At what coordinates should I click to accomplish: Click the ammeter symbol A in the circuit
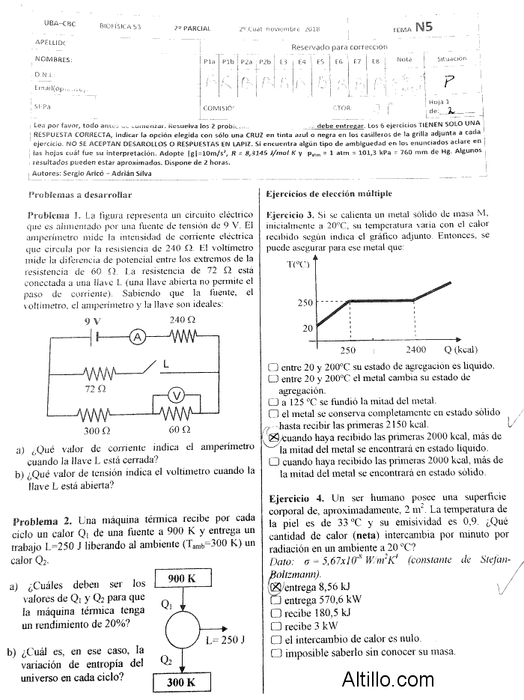[x=137, y=338]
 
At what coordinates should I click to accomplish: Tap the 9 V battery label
[x=92, y=320]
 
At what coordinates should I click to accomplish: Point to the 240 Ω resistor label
[x=182, y=320]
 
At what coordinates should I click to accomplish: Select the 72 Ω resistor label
[x=95, y=389]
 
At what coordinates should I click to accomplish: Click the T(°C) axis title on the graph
[x=298, y=264]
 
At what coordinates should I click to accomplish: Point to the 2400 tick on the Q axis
[x=416, y=350]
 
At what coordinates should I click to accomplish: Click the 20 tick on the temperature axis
[x=308, y=328]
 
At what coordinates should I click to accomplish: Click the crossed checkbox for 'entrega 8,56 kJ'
[x=274, y=587]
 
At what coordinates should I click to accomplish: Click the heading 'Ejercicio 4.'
[x=296, y=498]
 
